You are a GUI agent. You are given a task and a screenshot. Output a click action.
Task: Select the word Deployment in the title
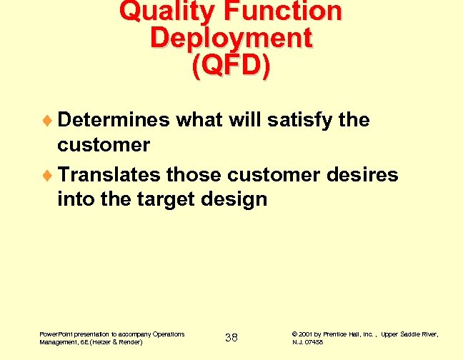coord(231,38)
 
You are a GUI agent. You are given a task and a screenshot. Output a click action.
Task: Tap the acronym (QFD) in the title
coord(231,65)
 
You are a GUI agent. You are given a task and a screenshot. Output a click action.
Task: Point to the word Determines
coord(114,120)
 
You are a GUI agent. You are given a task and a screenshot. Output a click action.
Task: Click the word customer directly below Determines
coord(104,145)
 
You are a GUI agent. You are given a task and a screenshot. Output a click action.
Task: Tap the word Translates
coord(109,174)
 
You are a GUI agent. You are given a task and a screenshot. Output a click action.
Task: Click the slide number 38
coord(231,337)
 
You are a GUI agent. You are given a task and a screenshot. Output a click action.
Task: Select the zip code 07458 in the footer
coord(314,342)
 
